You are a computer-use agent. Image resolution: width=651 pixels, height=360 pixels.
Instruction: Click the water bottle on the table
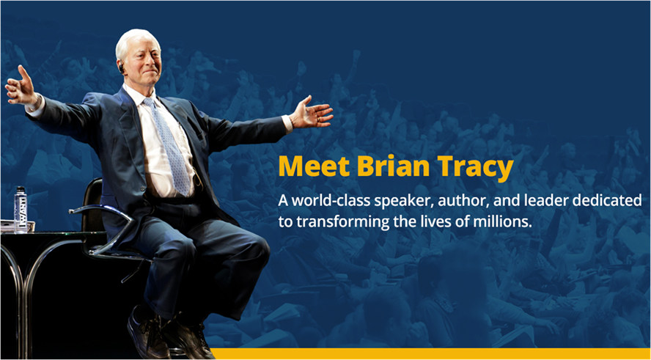pyautogui.click(x=20, y=209)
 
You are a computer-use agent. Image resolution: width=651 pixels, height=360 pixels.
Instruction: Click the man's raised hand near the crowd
pyautogui.click(x=21, y=87)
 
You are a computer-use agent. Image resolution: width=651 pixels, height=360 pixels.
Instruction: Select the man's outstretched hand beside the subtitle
pyautogui.click(x=312, y=112)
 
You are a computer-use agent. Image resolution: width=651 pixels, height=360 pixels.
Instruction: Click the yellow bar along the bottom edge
pyautogui.click(x=432, y=353)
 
